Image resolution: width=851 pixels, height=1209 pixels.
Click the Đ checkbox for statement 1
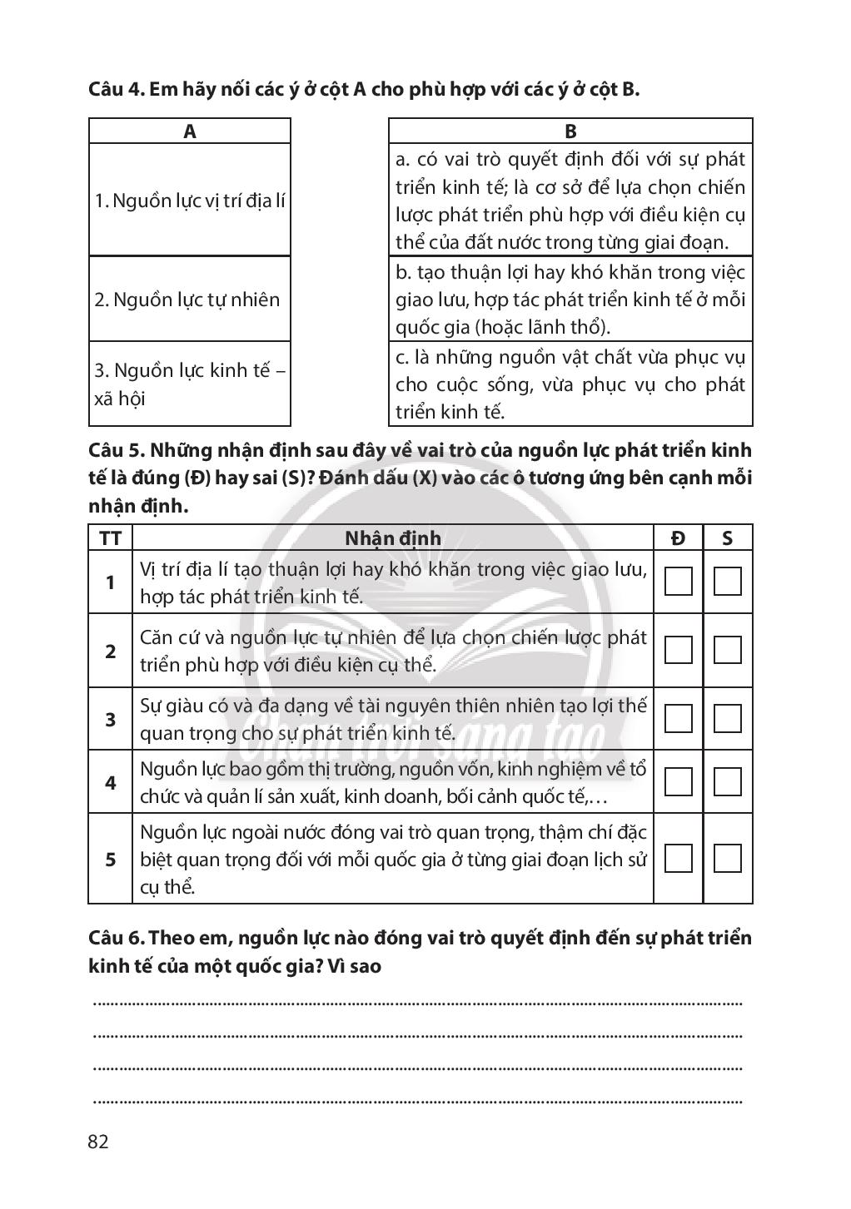coord(679,582)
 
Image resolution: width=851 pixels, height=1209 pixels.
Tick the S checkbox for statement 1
coord(728,582)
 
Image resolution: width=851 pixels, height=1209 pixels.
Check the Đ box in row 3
coord(679,718)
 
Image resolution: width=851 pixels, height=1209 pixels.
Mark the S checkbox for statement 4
coord(728,781)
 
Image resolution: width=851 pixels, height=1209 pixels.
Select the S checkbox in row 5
coord(728,858)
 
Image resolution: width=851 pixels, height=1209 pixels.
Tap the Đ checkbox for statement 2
coord(679,650)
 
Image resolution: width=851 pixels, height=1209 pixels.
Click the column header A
coord(190,131)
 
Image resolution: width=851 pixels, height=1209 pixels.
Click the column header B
coord(570,131)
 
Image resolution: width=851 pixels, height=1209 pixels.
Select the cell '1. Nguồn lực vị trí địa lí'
coord(190,201)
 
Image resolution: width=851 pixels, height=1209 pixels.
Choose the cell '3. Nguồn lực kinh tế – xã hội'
coord(190,384)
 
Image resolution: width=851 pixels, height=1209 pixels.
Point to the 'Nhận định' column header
coord(393,538)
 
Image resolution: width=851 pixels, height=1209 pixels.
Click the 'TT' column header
coord(110,538)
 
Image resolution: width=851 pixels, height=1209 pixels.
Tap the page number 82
coord(98,1141)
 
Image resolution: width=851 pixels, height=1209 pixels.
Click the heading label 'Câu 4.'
coord(117,90)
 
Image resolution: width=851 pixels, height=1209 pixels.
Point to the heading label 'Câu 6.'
coord(117,939)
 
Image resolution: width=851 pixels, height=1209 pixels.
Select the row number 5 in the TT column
coord(110,859)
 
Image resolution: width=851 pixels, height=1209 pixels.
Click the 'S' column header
coord(728,538)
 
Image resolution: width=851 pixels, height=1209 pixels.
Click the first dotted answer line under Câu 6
coord(417,1003)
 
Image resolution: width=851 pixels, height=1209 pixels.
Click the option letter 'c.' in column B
coord(402,357)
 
